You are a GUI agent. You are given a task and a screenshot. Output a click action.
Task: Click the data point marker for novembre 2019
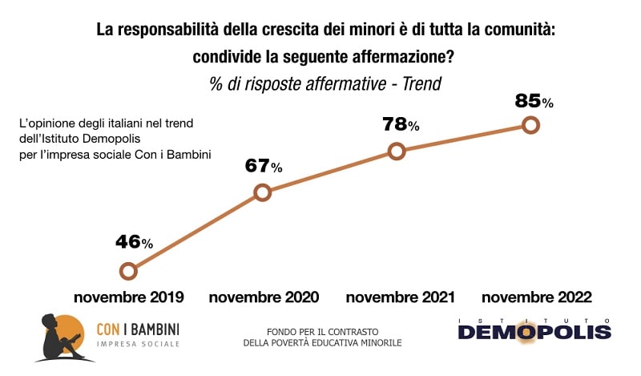tap(127, 271)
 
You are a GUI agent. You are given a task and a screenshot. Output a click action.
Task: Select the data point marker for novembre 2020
tap(262, 192)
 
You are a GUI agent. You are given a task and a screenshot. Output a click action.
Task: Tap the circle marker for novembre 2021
tap(396, 152)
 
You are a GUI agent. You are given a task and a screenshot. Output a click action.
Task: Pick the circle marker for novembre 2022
tap(530, 124)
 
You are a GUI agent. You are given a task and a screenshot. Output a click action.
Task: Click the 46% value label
tap(134, 242)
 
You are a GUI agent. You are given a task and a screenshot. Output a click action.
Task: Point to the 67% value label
tap(264, 166)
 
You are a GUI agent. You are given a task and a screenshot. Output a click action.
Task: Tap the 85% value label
tap(534, 101)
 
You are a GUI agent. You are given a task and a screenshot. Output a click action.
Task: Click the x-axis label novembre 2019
tap(129, 297)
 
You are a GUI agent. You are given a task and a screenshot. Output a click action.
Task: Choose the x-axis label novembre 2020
tap(264, 297)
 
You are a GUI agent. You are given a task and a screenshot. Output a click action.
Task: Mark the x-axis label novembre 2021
tap(400, 297)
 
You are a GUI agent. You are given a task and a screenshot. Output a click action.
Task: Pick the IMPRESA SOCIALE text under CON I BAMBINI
tap(137, 344)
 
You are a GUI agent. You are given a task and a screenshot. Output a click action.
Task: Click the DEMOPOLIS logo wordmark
tap(534, 331)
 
